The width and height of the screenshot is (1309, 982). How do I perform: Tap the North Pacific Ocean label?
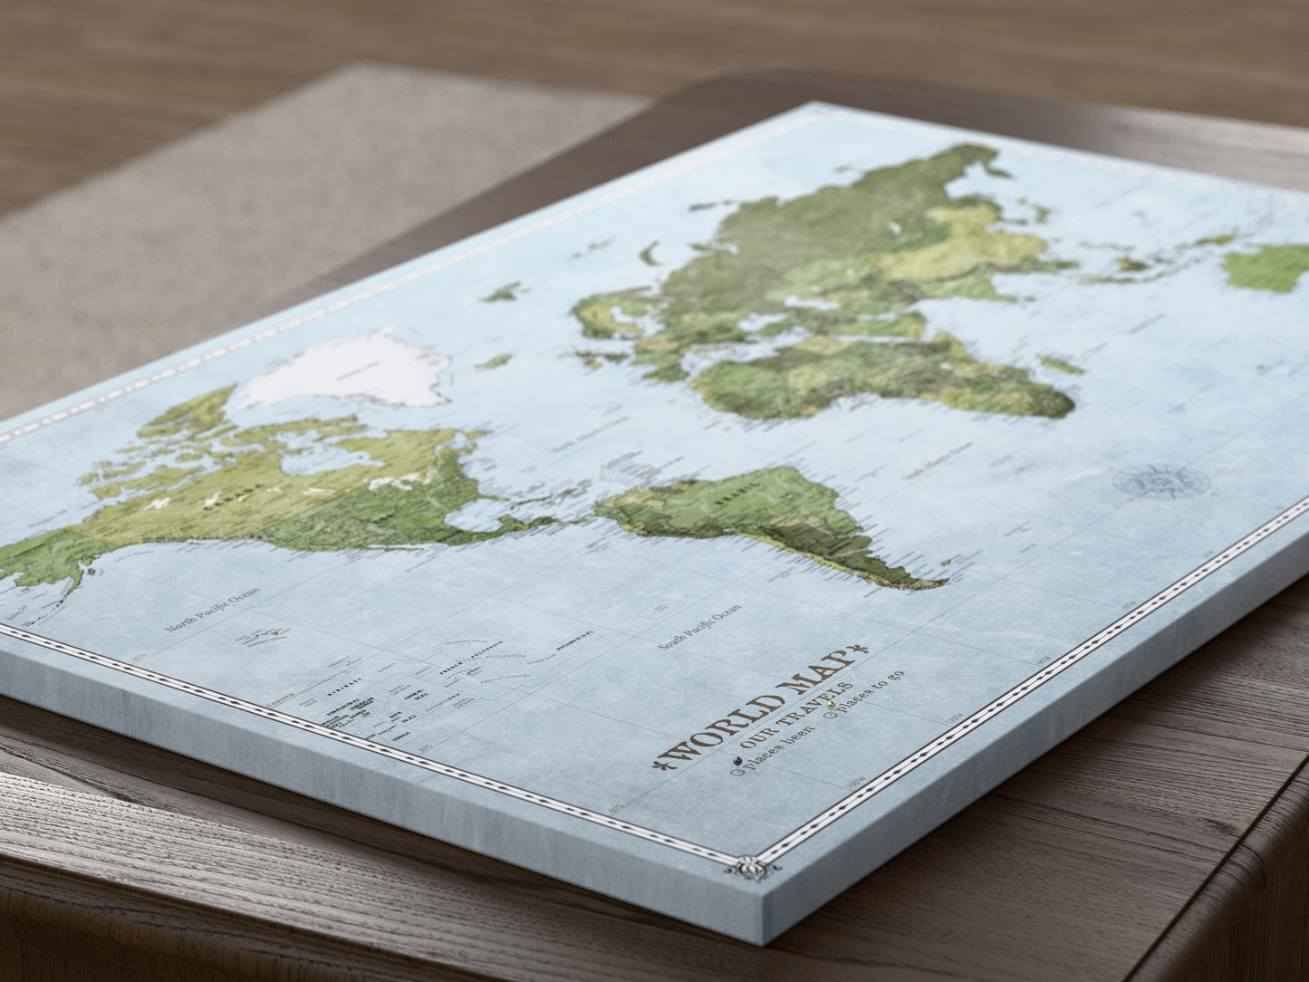click(212, 608)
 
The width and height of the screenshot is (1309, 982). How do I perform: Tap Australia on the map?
click(1268, 263)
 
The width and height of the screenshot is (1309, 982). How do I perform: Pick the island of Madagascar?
click(1062, 364)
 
